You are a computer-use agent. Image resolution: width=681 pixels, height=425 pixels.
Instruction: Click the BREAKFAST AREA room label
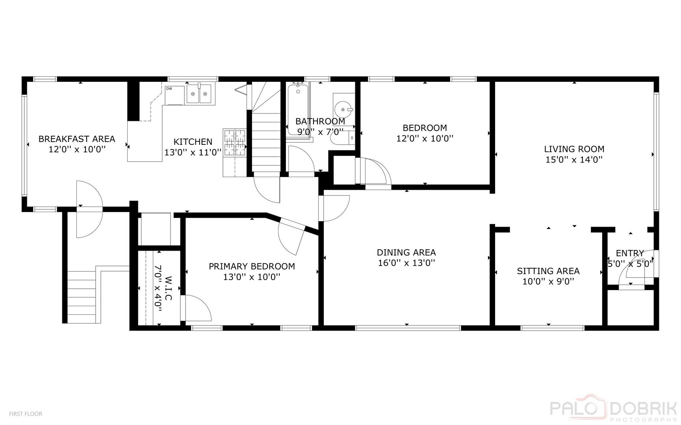[77, 139]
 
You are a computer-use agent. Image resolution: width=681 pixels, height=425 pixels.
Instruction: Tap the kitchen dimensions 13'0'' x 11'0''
[193, 152]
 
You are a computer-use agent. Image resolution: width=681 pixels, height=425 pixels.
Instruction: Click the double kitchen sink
[199, 94]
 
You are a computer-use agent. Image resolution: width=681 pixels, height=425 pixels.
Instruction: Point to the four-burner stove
[235, 142]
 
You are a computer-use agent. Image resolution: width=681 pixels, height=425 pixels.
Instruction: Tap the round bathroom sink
[343, 109]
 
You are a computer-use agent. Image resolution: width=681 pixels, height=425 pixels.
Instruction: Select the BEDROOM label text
[425, 128]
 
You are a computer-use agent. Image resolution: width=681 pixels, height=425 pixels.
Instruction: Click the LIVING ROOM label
[574, 149]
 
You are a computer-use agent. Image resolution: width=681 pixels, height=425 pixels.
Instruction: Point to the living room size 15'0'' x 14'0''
[574, 160]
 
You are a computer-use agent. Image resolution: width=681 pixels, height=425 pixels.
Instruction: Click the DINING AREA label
[406, 253]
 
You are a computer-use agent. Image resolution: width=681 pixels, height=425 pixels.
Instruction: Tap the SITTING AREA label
[548, 271]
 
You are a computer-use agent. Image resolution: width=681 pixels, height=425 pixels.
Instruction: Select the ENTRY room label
[629, 253]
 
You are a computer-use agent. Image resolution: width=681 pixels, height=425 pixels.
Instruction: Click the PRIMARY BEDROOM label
[252, 266]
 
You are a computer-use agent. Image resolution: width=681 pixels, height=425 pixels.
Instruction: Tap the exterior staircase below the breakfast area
[82, 294]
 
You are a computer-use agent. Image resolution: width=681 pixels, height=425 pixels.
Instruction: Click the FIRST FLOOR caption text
[26, 414]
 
